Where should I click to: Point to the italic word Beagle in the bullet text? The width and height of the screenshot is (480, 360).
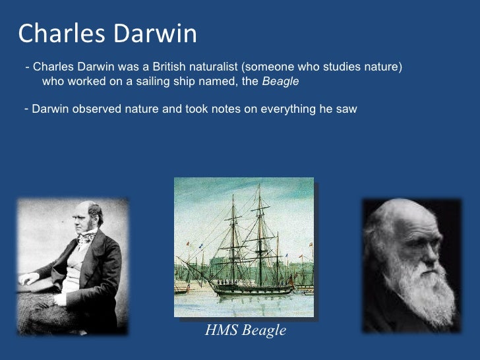click(280, 82)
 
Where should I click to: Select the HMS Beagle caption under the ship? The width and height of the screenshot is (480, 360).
click(246, 330)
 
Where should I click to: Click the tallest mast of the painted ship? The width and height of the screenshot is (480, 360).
click(258, 224)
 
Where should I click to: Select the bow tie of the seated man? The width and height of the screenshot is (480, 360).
click(84, 239)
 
